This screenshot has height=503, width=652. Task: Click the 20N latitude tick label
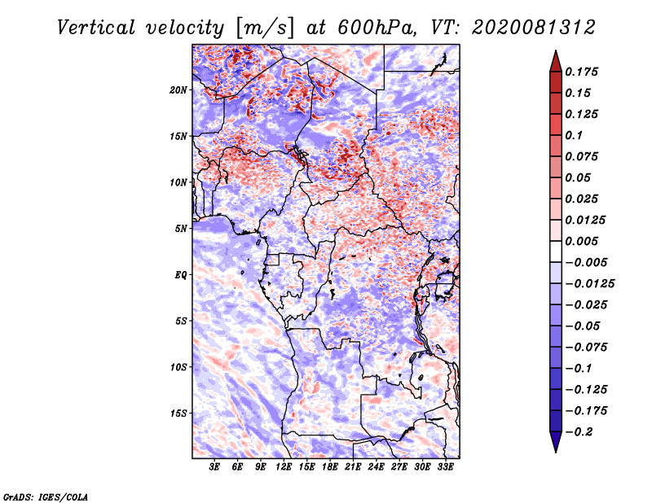178,90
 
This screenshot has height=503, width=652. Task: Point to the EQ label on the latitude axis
181,274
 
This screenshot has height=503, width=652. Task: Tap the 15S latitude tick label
178,413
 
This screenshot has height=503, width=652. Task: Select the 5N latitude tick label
181,228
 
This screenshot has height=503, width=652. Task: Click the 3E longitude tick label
214,466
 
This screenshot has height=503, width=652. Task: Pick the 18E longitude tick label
330,466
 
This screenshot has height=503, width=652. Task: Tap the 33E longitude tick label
445,466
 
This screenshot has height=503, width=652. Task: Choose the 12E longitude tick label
284,466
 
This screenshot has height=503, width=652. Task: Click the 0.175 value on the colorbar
581,72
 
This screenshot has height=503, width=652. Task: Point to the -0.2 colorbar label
579,432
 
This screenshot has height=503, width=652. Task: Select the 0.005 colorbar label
581,241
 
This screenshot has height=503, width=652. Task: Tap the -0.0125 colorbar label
589,284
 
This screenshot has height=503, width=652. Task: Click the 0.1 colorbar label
574,135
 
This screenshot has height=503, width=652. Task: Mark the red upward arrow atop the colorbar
556,61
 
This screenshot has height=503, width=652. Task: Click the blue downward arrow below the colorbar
556,442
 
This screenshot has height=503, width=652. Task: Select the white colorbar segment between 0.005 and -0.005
556,251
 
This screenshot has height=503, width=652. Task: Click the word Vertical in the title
96,28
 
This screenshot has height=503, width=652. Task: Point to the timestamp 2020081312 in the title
534,28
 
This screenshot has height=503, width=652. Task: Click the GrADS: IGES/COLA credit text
46,496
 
